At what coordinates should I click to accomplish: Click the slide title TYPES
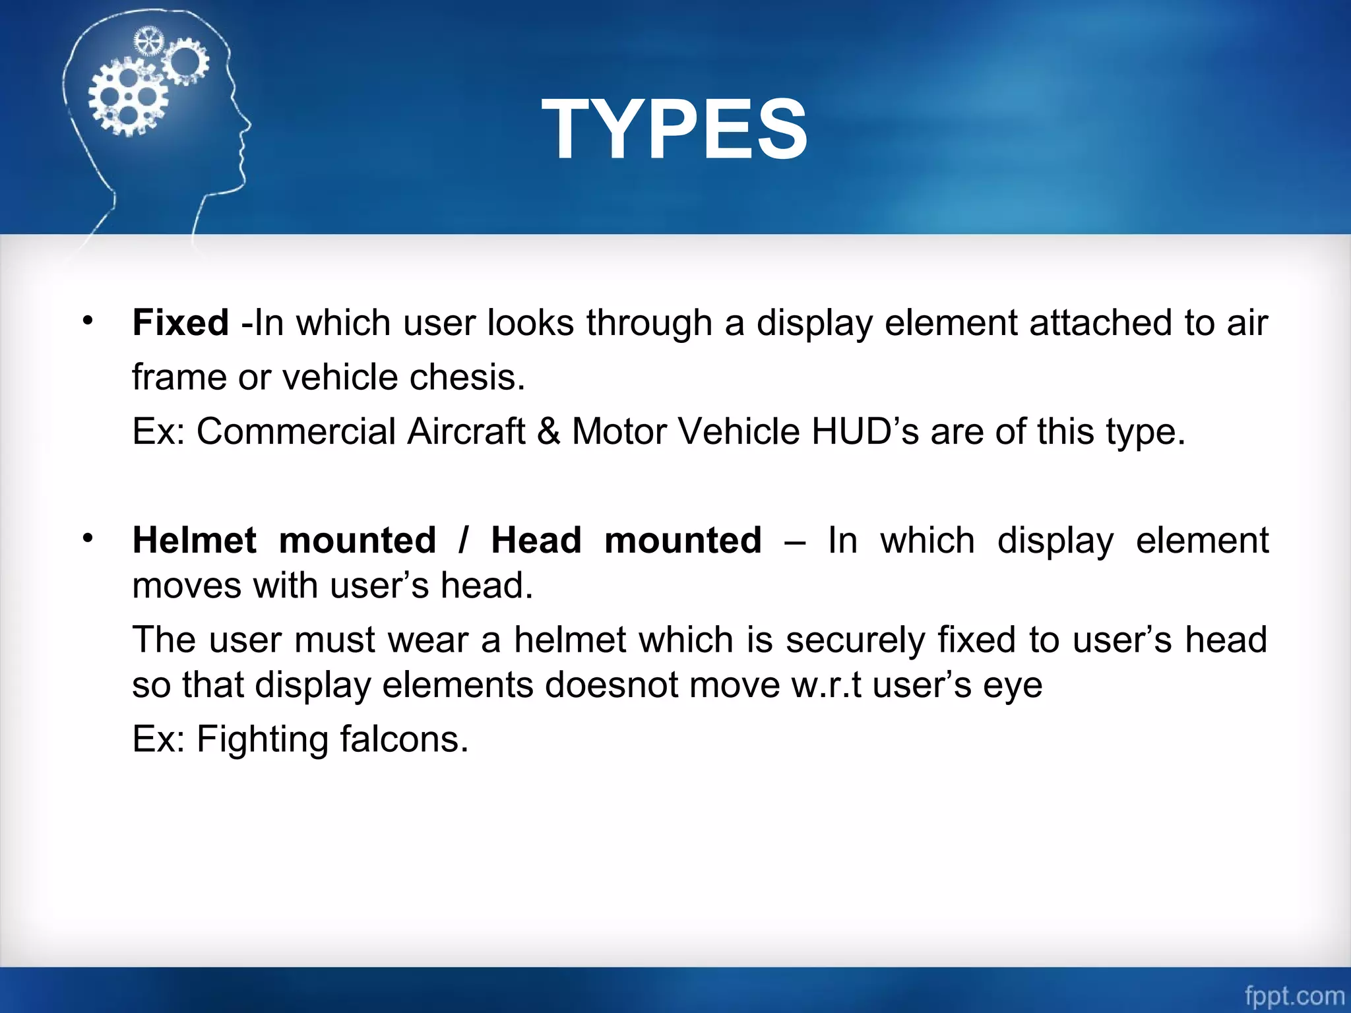[x=674, y=129]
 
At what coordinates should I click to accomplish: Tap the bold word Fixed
[x=180, y=323]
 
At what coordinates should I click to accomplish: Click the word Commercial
[x=295, y=432]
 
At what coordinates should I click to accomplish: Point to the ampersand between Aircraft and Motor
[x=548, y=432]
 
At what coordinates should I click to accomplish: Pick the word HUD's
[x=865, y=432]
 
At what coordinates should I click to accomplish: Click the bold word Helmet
[x=194, y=541]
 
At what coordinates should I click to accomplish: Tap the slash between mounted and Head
[x=464, y=541]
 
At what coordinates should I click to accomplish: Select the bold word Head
[x=536, y=541]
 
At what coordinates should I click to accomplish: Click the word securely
[x=856, y=640]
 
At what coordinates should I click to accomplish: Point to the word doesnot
[x=611, y=685]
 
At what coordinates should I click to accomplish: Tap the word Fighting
[x=262, y=739]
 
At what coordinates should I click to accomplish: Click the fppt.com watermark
[x=1294, y=995]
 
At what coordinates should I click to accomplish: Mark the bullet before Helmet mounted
[x=88, y=539]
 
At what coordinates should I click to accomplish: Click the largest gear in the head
[x=128, y=97]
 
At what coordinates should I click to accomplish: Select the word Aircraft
[x=466, y=432]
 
